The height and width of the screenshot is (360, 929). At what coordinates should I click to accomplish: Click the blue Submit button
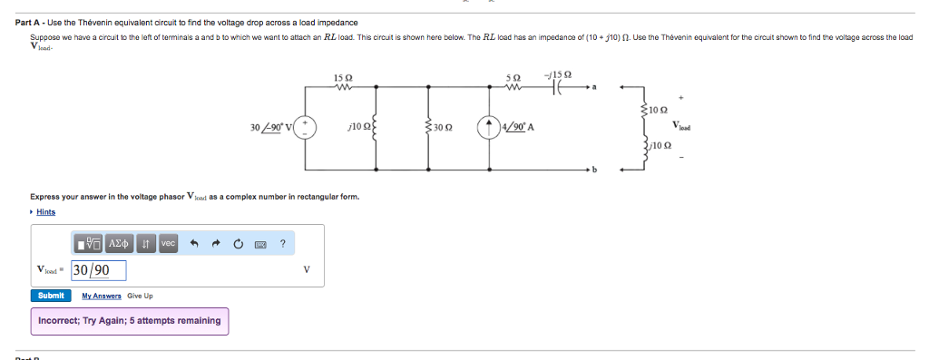(x=51, y=296)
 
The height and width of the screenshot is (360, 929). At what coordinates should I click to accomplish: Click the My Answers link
(x=101, y=296)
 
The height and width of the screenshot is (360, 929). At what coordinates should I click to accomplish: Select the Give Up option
(x=140, y=296)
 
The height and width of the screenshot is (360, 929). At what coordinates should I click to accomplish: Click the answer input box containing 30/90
(x=98, y=270)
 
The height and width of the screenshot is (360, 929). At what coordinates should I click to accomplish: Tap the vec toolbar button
(x=169, y=243)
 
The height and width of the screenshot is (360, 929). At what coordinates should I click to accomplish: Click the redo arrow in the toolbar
(x=216, y=243)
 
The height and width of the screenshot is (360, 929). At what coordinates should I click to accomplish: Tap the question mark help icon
(x=283, y=243)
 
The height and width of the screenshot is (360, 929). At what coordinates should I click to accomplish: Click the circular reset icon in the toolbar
(x=238, y=243)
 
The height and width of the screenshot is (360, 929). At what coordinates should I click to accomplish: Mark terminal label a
(x=595, y=86)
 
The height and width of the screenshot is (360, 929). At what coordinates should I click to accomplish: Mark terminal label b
(x=595, y=170)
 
